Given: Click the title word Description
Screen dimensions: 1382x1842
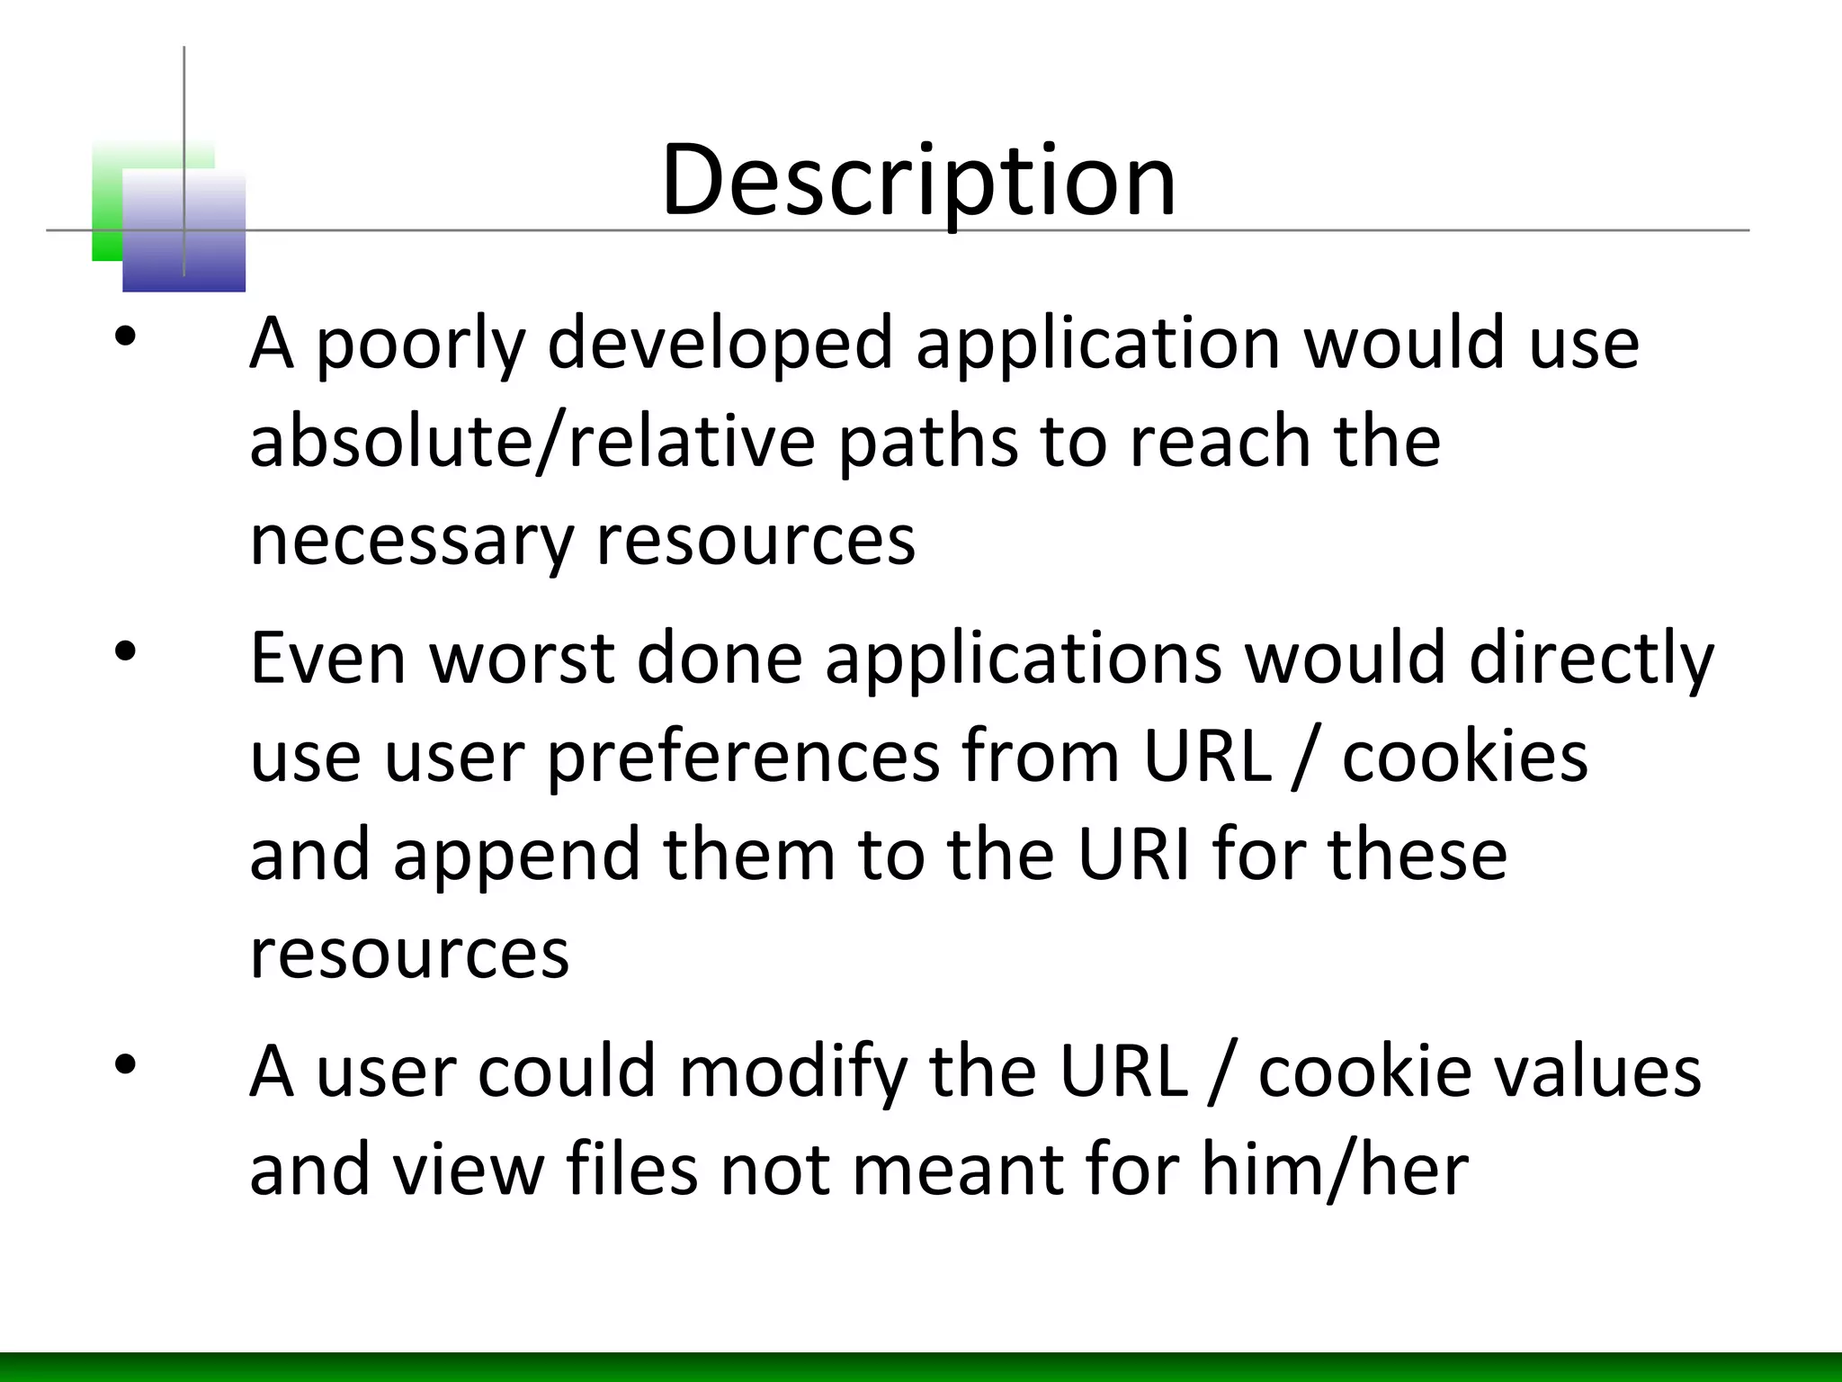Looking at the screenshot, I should click(x=918, y=180).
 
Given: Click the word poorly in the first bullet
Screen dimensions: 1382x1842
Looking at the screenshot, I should click(x=419, y=345).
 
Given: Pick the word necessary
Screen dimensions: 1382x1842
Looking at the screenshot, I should click(x=411, y=542).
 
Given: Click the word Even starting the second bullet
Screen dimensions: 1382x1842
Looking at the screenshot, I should click(x=327, y=658).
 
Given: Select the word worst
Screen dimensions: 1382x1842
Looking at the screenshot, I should click(x=522, y=658).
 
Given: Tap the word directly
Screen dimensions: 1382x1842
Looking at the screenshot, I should click(x=1591, y=660).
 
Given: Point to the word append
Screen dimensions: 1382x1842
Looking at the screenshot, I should click(x=516, y=856).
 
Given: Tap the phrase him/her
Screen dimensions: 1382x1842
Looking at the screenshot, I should click(x=1335, y=1170).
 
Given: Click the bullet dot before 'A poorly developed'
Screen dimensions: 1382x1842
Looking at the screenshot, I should click(x=125, y=337).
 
